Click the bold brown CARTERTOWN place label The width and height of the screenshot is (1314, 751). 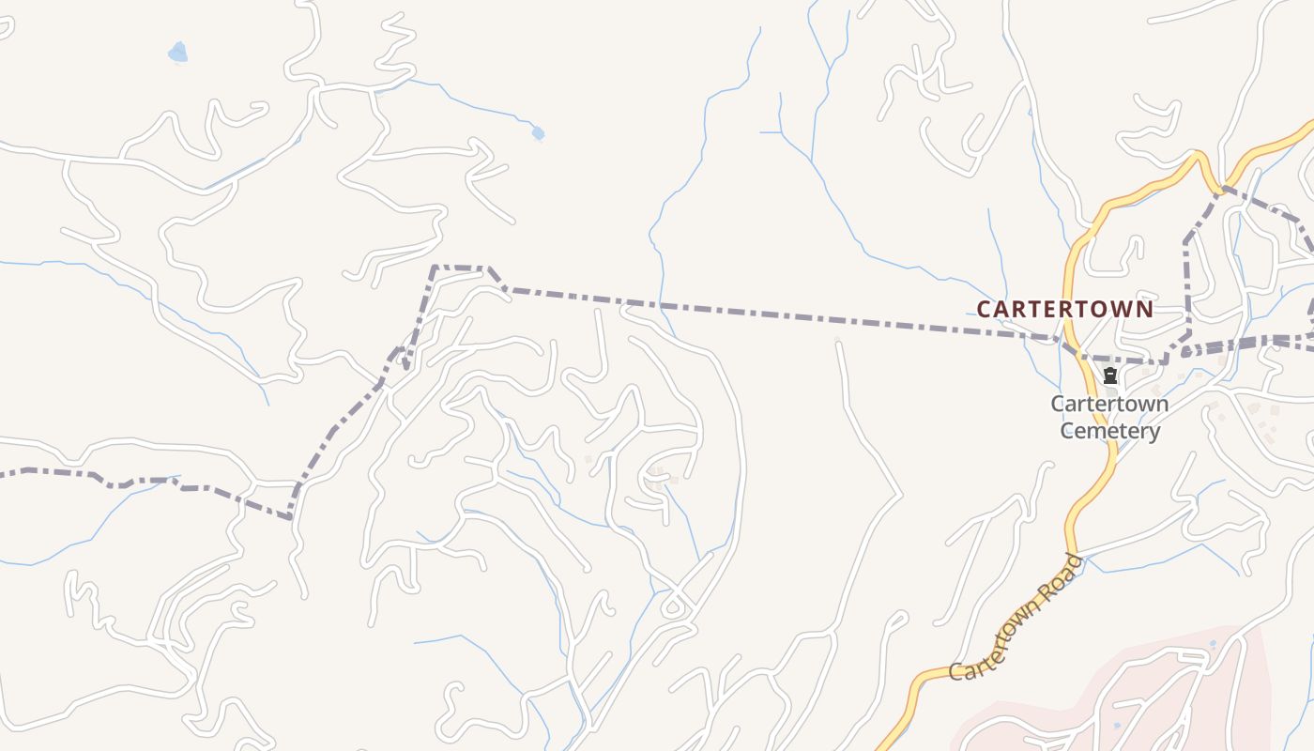pos(1064,309)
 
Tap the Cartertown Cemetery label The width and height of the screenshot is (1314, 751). pos(1109,418)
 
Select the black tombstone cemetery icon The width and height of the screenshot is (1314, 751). pos(1110,376)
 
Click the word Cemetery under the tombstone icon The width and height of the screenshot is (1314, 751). pos(1109,432)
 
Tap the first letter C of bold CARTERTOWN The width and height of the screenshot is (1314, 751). pos(985,309)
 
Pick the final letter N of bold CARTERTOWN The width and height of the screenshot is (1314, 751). pos(1145,309)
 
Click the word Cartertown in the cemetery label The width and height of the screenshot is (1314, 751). pos(1109,405)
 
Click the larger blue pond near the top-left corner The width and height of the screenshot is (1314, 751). pos(177,53)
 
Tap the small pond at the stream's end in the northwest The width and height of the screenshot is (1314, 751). pos(538,133)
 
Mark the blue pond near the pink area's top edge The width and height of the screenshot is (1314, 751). pos(1213,646)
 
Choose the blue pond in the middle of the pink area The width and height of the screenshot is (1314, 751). pos(1117,725)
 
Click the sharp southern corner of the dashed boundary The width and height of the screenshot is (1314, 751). pos(289,517)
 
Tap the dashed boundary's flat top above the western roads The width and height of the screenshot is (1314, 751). pos(460,268)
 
